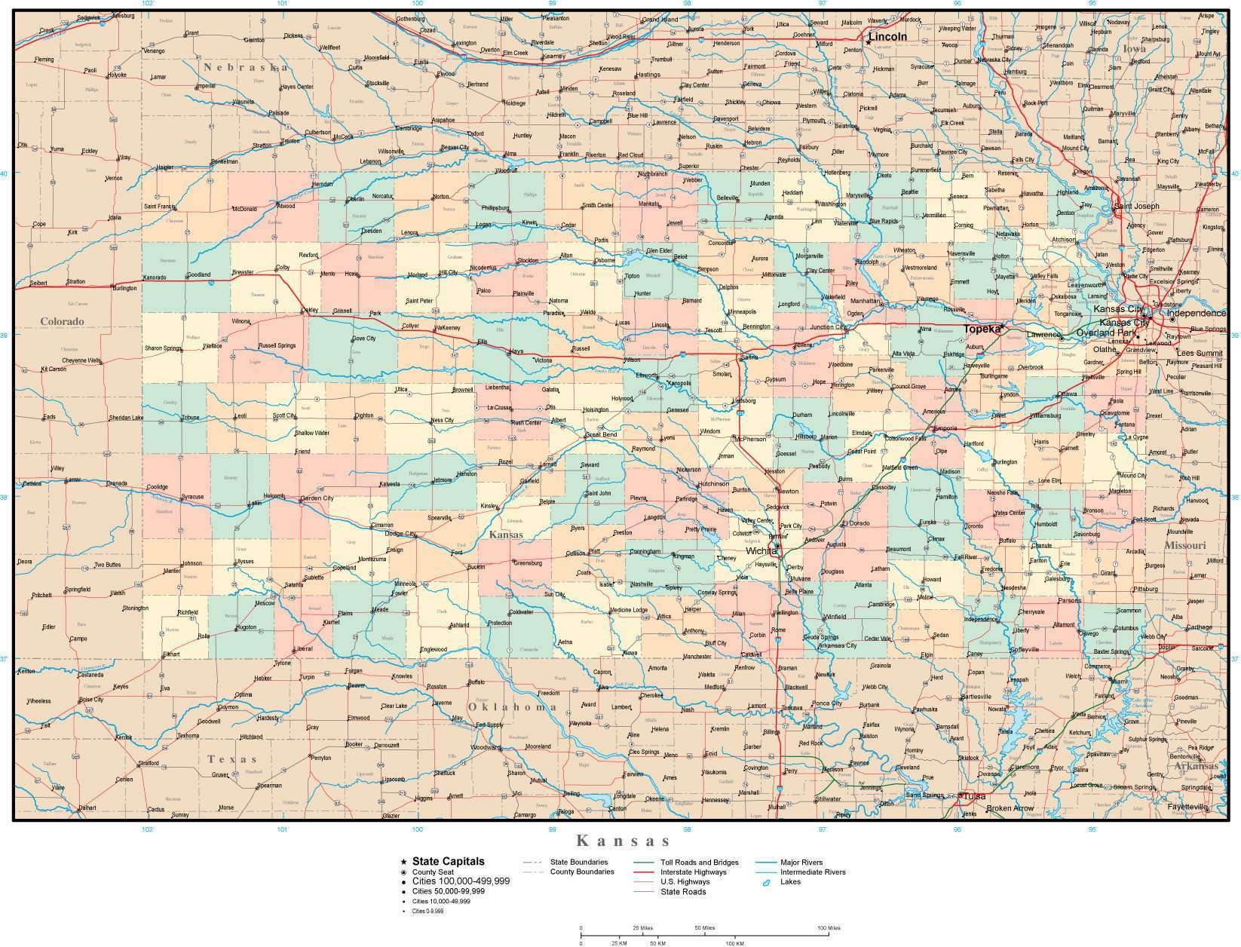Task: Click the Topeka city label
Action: [x=982, y=329]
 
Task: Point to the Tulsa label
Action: [x=974, y=796]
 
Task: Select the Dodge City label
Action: [x=400, y=534]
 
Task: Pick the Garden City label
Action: [x=317, y=498]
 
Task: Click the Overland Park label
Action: [x=1106, y=333]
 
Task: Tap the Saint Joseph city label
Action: [x=1136, y=207]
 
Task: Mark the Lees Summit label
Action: [x=1200, y=353]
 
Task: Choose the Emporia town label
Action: [x=945, y=428]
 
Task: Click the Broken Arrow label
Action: [x=1010, y=808]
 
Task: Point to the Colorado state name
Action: [x=62, y=321]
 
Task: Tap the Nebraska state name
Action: [x=245, y=68]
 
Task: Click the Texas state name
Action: [x=233, y=759]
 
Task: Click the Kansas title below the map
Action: [x=623, y=840]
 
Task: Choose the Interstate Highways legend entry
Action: [x=694, y=872]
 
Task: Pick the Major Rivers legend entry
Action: [x=801, y=863]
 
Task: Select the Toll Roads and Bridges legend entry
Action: [x=699, y=863]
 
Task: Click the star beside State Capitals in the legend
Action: [x=404, y=862]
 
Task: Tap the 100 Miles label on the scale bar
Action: [x=828, y=928]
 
